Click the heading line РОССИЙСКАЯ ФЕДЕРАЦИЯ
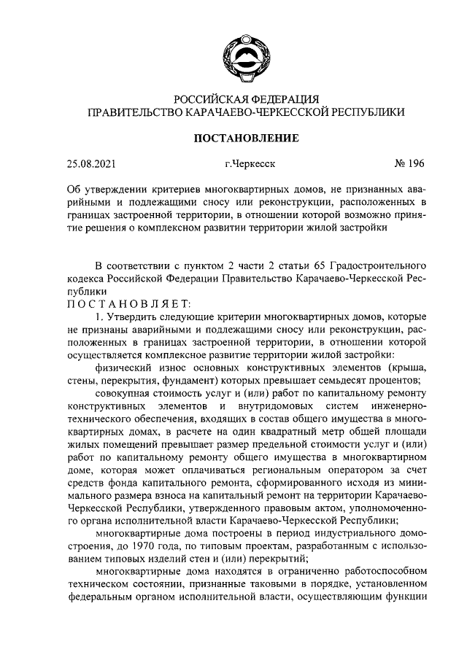point(245,100)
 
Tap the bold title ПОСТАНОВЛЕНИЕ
point(245,137)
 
